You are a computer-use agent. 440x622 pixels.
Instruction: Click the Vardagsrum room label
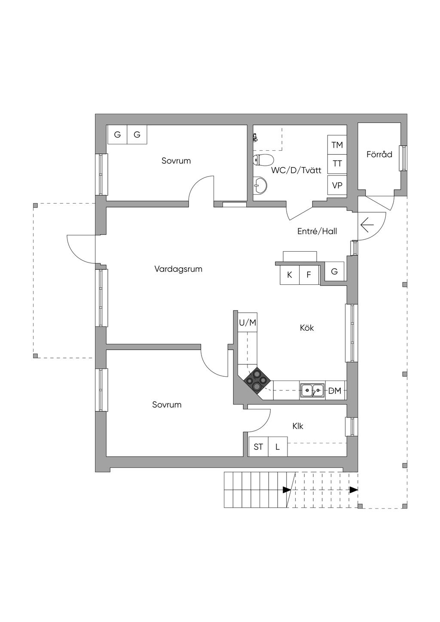[x=178, y=269]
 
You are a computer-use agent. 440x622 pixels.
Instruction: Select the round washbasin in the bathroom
[x=260, y=186]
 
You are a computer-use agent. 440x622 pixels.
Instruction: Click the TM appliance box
[x=337, y=145]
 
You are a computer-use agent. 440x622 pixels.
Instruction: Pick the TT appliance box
[x=337, y=164]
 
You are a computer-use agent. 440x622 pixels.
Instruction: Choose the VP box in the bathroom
[x=337, y=185]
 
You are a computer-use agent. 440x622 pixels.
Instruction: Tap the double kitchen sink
[x=312, y=390]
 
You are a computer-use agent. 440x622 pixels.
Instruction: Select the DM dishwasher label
[x=335, y=391]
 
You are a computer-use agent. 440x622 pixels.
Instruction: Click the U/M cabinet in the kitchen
[x=247, y=323]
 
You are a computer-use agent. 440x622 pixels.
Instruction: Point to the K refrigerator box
[x=290, y=275]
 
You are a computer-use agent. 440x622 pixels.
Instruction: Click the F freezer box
[x=309, y=275]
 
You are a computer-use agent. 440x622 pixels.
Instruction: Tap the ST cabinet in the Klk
[x=258, y=447]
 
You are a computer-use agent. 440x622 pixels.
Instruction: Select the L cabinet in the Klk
[x=278, y=447]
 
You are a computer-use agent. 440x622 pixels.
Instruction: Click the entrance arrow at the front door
[x=367, y=224]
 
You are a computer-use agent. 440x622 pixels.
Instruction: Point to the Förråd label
[x=379, y=155]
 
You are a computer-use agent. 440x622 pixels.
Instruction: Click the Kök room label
[x=307, y=328]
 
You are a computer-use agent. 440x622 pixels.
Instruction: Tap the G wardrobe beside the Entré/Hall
[x=334, y=271]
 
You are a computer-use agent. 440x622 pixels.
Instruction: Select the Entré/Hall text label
[x=317, y=232]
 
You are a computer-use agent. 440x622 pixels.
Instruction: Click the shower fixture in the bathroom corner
[x=256, y=137]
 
